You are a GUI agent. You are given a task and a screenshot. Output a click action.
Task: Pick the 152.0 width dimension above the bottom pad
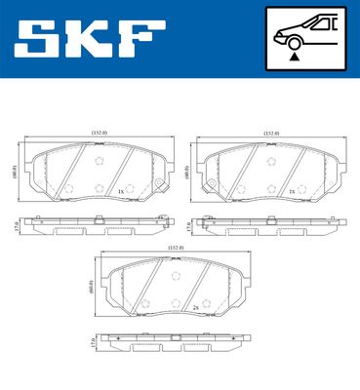[x=174, y=249]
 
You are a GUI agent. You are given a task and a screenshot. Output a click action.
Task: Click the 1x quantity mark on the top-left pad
[x=119, y=192]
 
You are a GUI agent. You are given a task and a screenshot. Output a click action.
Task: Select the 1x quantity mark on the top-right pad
[x=292, y=192]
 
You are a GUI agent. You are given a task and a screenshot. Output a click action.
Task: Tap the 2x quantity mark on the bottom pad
[x=196, y=308]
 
